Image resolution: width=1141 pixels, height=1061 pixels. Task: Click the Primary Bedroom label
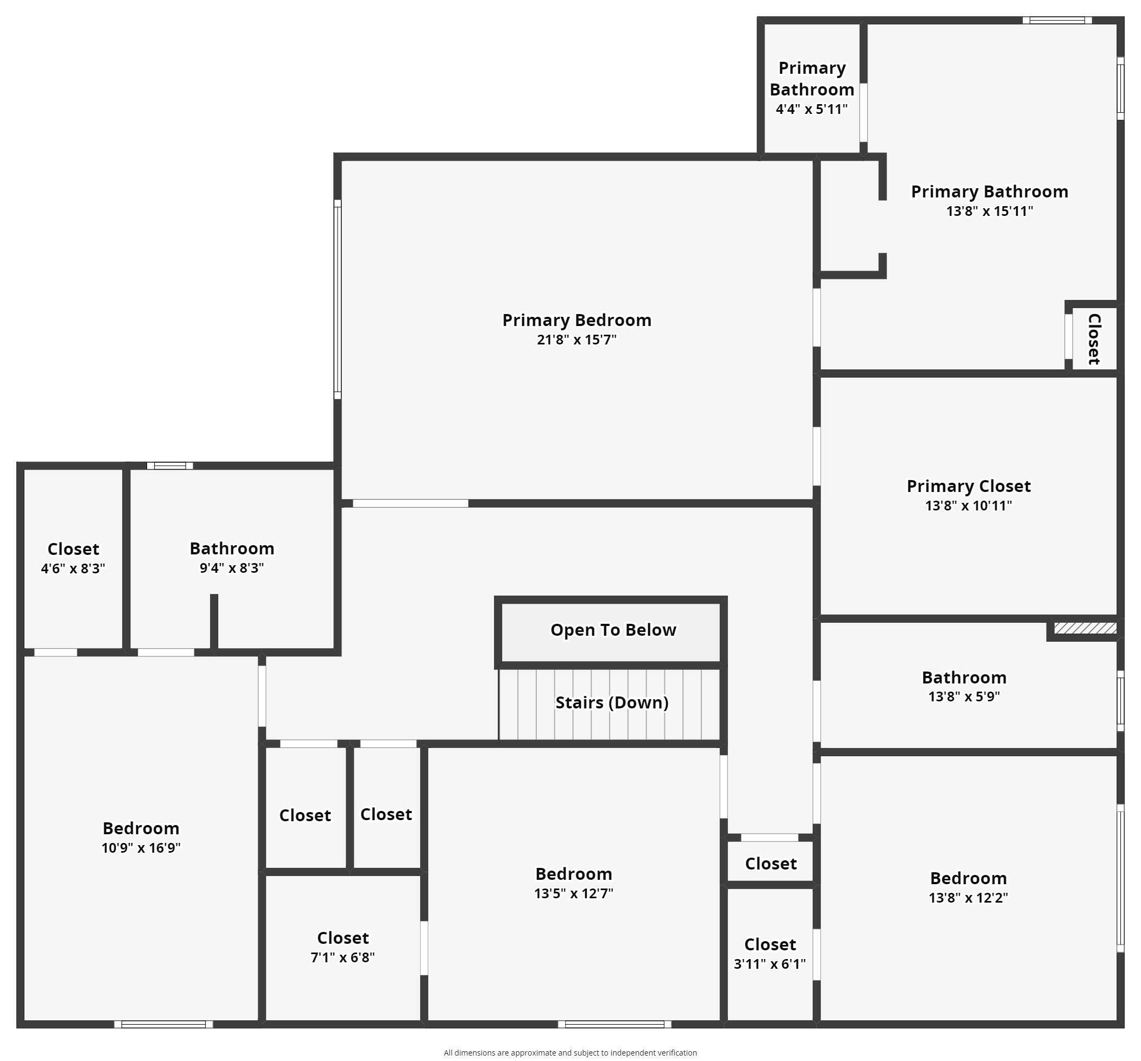576,320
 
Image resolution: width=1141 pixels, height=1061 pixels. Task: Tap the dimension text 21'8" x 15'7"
576,340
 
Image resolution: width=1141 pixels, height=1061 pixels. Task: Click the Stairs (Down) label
611,702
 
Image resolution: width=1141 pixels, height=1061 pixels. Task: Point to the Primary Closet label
968,487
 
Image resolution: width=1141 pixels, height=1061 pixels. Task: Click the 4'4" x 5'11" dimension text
811,109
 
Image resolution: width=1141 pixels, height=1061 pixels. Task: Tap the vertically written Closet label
1094,339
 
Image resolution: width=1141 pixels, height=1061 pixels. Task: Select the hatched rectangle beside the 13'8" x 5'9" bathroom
1084,629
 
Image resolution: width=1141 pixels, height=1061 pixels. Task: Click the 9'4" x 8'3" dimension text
231,568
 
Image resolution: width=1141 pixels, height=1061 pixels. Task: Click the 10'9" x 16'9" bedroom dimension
141,848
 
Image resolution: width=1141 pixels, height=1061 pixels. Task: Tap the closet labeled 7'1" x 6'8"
343,947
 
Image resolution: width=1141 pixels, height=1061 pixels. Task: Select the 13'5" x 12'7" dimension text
573,893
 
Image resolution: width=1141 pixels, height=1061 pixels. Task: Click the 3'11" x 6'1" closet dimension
769,964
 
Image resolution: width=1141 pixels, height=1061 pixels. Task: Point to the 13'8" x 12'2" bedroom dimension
968,898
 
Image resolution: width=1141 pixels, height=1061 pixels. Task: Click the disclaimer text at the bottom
570,1052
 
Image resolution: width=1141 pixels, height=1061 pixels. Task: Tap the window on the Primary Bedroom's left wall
338,299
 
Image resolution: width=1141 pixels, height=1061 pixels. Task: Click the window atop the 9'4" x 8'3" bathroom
170,466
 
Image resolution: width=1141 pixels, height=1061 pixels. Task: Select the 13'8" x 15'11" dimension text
989,211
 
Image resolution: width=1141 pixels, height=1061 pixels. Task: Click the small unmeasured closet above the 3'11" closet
770,864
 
